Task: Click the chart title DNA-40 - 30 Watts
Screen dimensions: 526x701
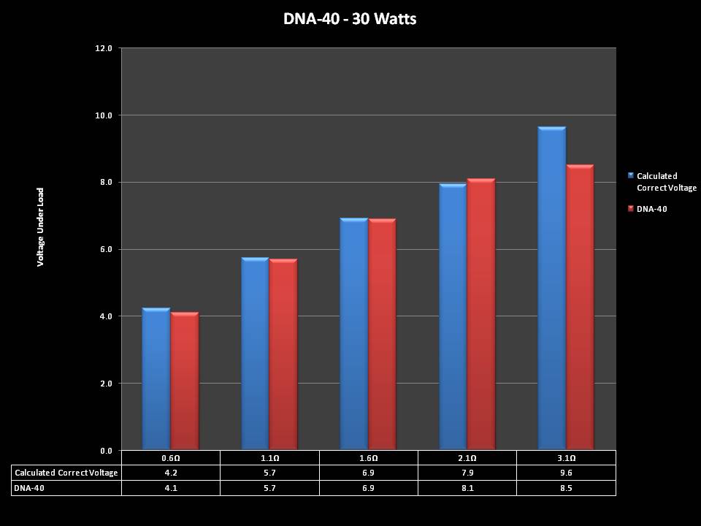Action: click(x=350, y=19)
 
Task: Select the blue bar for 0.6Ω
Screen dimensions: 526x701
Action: click(x=156, y=380)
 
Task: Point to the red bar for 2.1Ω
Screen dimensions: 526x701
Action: click(x=481, y=314)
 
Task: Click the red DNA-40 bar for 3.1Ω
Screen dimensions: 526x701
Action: click(x=580, y=307)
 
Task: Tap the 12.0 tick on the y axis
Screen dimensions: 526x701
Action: click(x=104, y=48)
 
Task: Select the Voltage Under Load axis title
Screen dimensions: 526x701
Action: click(x=41, y=227)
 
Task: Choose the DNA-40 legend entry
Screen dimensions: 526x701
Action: click(x=651, y=209)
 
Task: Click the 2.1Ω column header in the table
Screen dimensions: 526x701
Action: click(x=467, y=458)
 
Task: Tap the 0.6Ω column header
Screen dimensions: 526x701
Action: click(x=170, y=458)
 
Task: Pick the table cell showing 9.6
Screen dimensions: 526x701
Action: click(x=566, y=473)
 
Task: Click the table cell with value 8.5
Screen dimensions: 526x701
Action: click(x=566, y=487)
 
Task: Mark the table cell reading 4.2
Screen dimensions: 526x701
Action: click(x=170, y=473)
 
